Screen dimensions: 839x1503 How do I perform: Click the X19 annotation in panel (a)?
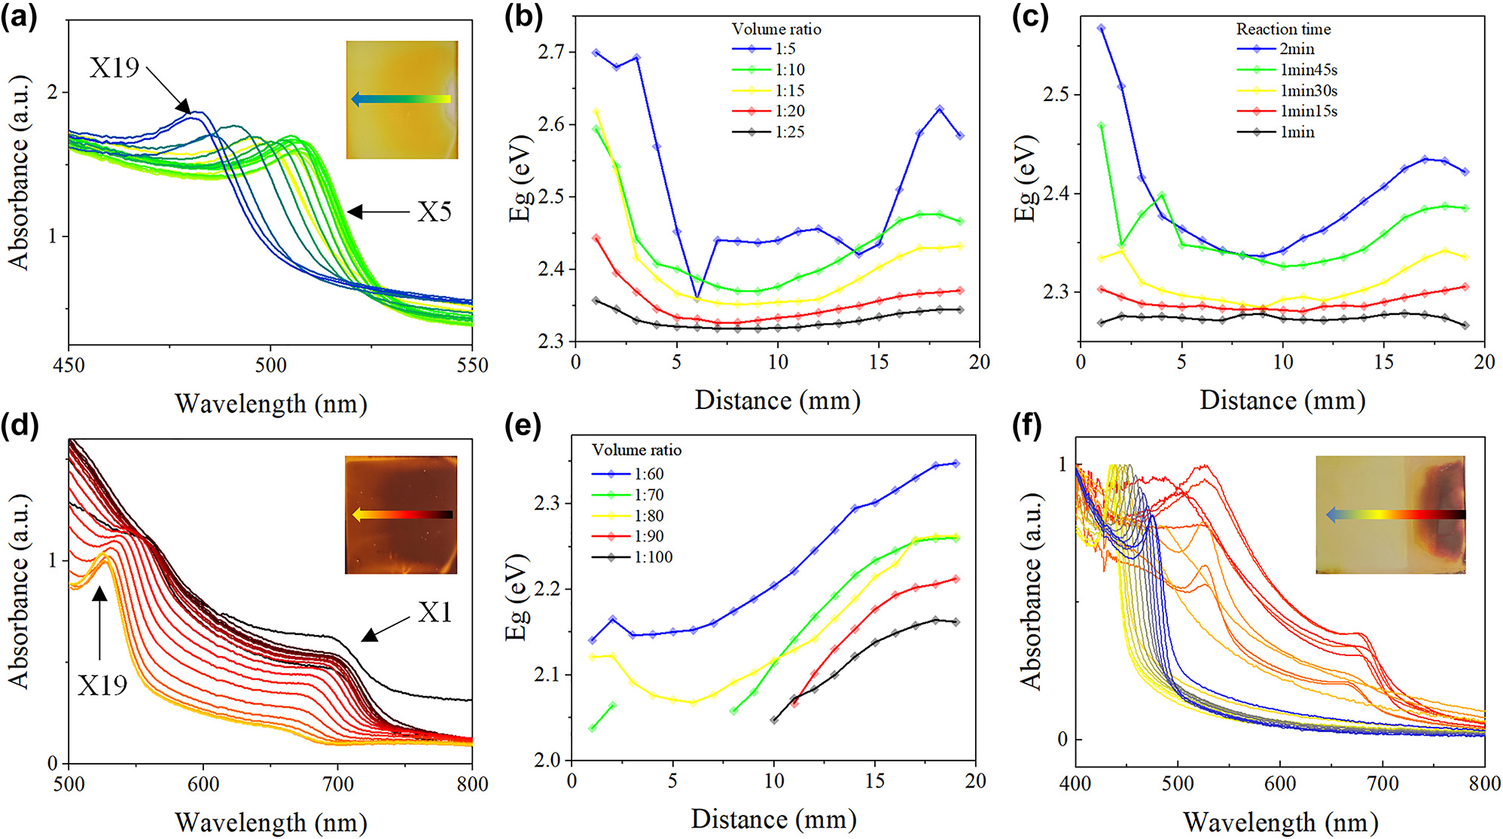[x=114, y=68]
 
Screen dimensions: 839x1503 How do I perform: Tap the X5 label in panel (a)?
[x=434, y=212]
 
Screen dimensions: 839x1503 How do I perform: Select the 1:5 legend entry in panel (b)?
[x=785, y=49]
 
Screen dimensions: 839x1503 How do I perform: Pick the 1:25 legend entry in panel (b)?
[x=789, y=132]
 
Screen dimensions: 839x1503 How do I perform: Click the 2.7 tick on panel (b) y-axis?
[x=551, y=52]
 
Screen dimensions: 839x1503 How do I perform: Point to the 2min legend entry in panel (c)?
[x=1297, y=49]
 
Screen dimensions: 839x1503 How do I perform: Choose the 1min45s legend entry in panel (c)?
[x=1309, y=70]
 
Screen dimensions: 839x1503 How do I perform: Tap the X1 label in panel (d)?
[x=434, y=613]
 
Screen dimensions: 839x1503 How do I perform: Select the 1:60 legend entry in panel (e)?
[x=648, y=474]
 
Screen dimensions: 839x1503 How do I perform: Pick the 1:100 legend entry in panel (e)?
[x=653, y=557]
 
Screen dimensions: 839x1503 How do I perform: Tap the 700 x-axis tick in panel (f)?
[x=1383, y=783]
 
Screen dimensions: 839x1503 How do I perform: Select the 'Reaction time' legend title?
[x=1283, y=29]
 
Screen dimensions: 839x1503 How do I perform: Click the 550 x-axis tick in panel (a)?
[x=472, y=365]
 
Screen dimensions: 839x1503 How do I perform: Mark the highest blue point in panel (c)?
[x=1101, y=28]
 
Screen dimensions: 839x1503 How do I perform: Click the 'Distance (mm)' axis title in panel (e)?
[x=773, y=819]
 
